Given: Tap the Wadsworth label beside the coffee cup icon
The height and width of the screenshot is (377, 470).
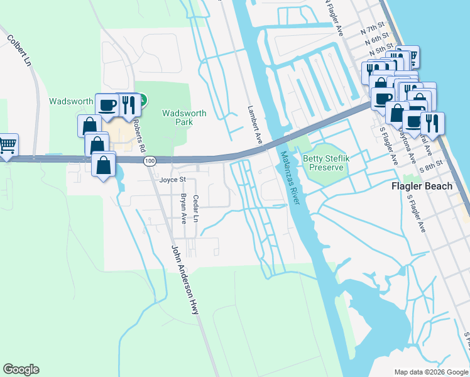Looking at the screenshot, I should click(71, 101).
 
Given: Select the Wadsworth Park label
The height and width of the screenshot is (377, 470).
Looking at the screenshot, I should click(183, 117).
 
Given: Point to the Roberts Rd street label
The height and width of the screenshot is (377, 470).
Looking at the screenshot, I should click(142, 139).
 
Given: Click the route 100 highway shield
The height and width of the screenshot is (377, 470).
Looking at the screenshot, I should click(149, 161).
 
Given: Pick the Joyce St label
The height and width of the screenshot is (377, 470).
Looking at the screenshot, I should click(173, 180).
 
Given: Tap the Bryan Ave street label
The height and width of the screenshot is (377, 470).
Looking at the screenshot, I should click(183, 209).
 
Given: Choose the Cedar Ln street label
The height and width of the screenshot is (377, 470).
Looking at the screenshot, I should click(196, 209).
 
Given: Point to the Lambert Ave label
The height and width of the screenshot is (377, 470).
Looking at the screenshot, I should click(254, 125).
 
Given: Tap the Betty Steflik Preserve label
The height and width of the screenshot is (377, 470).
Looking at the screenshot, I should click(324, 163).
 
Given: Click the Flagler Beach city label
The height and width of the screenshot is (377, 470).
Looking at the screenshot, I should click(422, 186).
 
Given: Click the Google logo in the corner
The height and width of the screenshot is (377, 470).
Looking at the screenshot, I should click(21, 369).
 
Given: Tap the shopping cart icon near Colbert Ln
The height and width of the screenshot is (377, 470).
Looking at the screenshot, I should click(8, 145).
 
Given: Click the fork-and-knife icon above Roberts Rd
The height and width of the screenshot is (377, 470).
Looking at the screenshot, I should click(128, 105).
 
